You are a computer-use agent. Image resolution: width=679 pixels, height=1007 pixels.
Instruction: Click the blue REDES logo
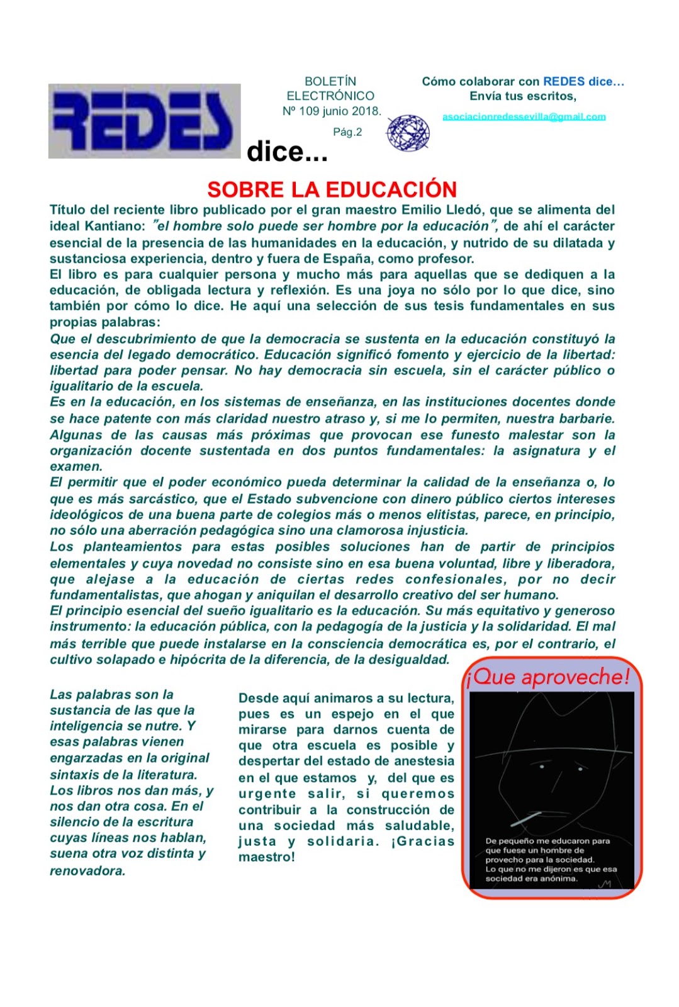tap(144, 121)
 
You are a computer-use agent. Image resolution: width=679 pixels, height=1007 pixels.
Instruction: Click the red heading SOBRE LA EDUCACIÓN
tap(332, 189)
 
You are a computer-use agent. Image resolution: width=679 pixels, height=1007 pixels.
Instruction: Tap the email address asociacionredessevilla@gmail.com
tap(524, 116)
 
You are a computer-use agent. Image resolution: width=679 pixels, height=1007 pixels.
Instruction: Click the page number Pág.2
tap(347, 132)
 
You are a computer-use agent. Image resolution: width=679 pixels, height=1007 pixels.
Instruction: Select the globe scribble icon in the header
tap(408, 133)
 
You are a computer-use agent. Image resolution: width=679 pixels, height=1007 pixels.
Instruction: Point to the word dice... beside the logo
tap(287, 152)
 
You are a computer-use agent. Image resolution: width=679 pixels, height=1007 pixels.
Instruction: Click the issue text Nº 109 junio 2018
tap(332, 111)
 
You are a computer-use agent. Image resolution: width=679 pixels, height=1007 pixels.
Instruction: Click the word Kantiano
tap(115, 226)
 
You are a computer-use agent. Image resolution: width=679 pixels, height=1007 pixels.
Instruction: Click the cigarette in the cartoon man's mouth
tap(525, 819)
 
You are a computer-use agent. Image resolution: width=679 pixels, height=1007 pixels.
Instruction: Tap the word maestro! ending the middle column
tap(266, 857)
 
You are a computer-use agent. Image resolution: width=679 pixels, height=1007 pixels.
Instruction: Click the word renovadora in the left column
tap(87, 871)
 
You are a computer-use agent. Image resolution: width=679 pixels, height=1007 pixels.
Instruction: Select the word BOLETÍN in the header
tap(330, 81)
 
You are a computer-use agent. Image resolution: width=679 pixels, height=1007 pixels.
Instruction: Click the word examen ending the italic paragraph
tap(75, 466)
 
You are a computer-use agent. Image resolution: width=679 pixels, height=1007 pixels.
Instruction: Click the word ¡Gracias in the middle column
tap(422, 841)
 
